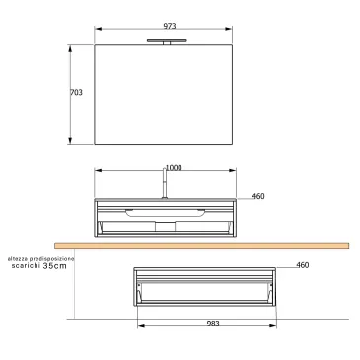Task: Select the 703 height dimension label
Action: (x=77, y=92)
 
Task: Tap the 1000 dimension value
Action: (x=174, y=168)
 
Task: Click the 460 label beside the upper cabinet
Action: (x=259, y=197)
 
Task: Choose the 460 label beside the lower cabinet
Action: (x=303, y=265)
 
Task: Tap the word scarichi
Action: (x=27, y=266)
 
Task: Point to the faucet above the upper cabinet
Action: (x=164, y=185)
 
